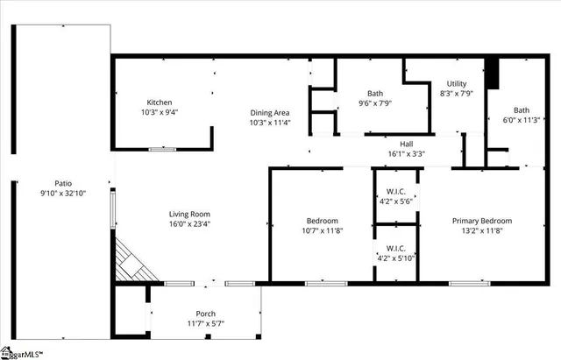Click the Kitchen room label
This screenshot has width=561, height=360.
tap(159, 102)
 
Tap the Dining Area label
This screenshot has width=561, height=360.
tap(269, 112)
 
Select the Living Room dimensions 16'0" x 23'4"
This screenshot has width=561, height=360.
tap(189, 223)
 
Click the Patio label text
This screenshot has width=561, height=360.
tap(61, 183)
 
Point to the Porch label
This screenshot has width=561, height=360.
tap(205, 314)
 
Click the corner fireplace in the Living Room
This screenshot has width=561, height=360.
tap(131, 262)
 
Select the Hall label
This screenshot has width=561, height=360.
tap(406, 143)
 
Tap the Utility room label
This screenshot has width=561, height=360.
tap(456, 83)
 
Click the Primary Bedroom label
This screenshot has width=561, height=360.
tap(481, 221)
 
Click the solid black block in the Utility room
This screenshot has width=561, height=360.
tap(492, 74)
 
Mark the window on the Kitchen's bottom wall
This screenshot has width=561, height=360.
tap(161, 150)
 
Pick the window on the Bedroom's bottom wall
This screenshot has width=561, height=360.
tap(319, 283)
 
